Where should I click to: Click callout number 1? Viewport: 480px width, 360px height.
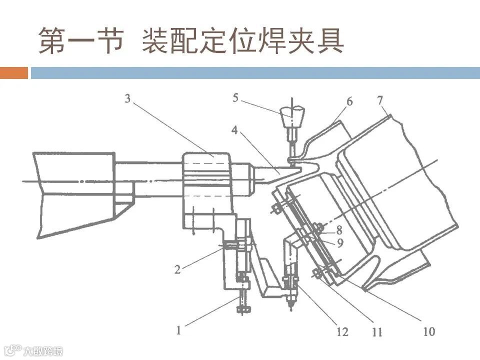pyautogui.click(x=179, y=329)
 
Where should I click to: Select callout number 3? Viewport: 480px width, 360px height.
pyautogui.click(x=127, y=98)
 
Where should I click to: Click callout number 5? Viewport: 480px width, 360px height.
pyautogui.click(x=235, y=97)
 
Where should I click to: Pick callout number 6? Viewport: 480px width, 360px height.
pyautogui.click(x=349, y=101)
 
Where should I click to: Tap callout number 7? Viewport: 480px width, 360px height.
pyautogui.click(x=381, y=99)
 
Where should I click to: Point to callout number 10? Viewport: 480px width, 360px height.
pyautogui.click(x=429, y=331)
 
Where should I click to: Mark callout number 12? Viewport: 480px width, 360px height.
pyautogui.click(x=341, y=331)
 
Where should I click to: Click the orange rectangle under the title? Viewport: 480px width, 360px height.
pyautogui.click(x=14, y=73)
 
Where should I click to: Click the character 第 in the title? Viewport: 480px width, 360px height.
pyautogui.click(x=53, y=40)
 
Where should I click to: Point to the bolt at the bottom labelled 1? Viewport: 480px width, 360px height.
pyautogui.click(x=244, y=302)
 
